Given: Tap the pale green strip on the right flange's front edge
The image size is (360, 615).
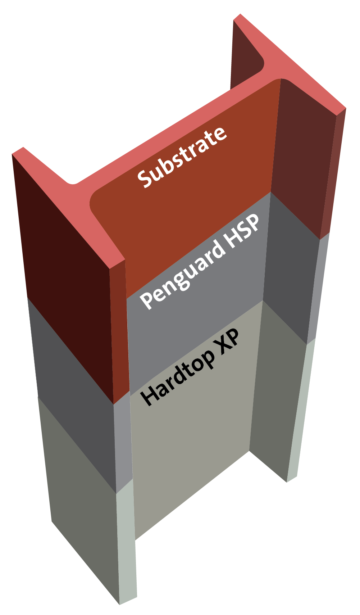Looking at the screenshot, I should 300,414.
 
